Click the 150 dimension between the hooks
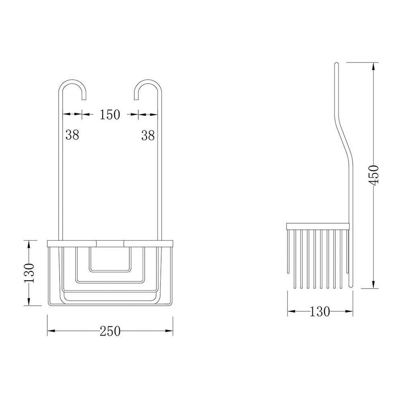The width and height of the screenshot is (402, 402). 110,115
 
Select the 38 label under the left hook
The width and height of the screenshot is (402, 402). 72,135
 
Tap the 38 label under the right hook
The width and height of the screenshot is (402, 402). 148,135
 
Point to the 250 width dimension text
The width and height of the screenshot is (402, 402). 110,331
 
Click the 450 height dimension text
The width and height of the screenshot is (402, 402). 374,175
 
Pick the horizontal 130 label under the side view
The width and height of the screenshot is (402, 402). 320,312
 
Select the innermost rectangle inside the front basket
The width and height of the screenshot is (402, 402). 110,259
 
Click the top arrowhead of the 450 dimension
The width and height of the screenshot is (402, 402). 374,65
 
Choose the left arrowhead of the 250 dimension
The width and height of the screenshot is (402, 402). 50,331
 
